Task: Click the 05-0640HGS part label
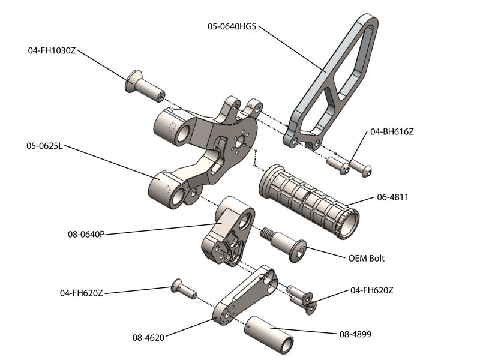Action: tap(233, 26)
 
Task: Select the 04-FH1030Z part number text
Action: tap(52, 51)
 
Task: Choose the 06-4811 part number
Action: tap(392, 196)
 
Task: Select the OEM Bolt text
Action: tap(367, 259)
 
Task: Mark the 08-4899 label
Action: tap(356, 334)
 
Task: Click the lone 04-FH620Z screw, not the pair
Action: tap(183, 289)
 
